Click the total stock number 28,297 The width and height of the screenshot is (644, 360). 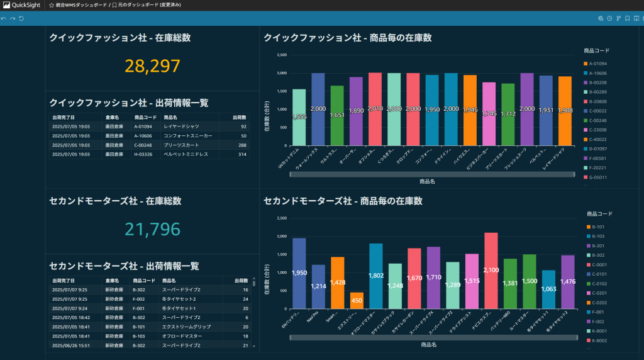[x=152, y=66]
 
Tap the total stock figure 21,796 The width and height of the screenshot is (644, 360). [x=152, y=229]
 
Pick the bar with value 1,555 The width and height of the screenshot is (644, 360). [x=299, y=117]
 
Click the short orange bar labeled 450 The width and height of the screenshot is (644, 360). [x=357, y=301]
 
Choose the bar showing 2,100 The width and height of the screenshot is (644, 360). [x=491, y=271]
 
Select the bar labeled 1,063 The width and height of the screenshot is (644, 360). [x=549, y=290]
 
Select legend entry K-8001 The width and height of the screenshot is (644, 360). [x=599, y=330]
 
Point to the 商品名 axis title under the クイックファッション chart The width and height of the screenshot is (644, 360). [x=428, y=181]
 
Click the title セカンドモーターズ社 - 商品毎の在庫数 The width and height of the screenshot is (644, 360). [x=343, y=201]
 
